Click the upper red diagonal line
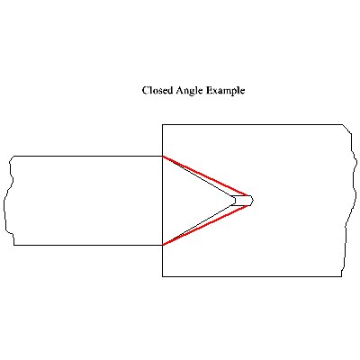click(x=205, y=176)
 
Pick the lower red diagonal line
click(x=207, y=225)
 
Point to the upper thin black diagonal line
click(x=197, y=177)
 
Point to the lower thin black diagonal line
click(x=197, y=225)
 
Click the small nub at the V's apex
click(x=242, y=201)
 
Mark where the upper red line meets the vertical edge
click(x=163, y=157)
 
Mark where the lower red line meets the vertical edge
click(x=163, y=245)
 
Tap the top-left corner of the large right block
click(x=163, y=124)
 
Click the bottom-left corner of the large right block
click(x=163, y=276)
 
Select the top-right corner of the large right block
click(x=343, y=124)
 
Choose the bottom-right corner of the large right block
click(x=341, y=276)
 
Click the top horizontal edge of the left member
click(x=88, y=156)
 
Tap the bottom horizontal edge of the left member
click(x=88, y=245)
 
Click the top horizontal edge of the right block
click(x=253, y=124)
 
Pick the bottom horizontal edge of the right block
click(x=252, y=276)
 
